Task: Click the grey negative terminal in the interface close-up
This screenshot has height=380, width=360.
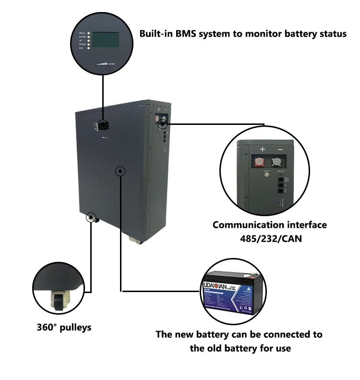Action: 277,163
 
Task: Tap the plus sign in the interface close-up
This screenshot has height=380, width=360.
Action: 262,149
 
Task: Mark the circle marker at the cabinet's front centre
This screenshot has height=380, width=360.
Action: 120,171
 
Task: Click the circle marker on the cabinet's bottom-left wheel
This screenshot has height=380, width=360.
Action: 90,218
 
